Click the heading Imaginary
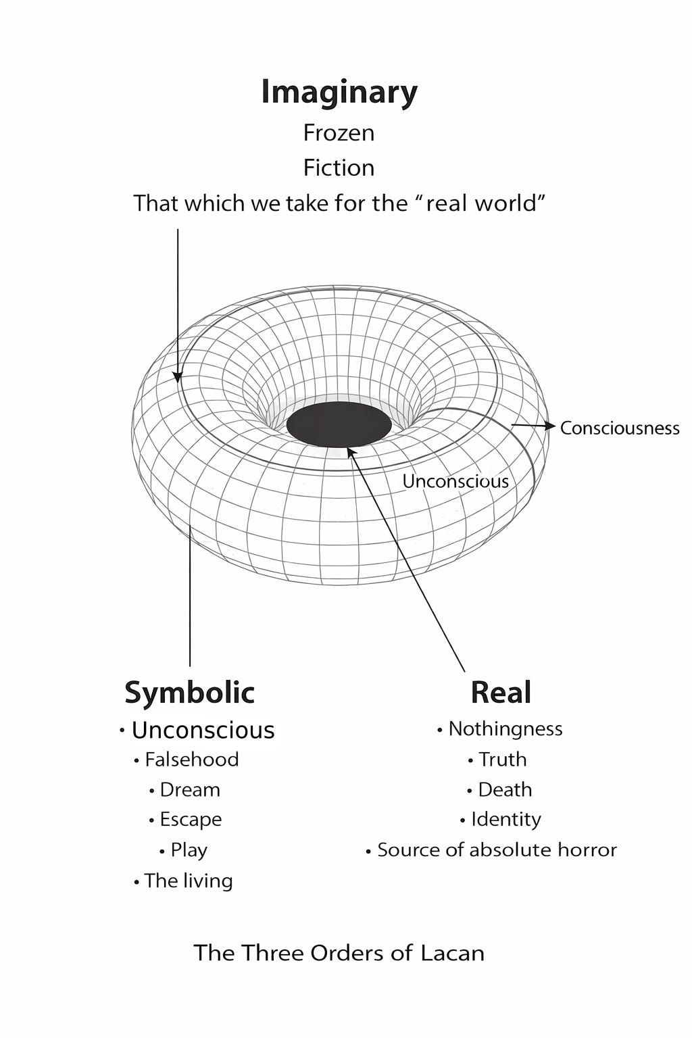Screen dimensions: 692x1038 click(339, 93)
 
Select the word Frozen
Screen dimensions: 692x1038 click(339, 133)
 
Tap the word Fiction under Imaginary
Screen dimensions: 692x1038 click(339, 168)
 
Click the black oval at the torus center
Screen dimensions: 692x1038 click(339, 424)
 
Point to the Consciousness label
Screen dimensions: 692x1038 click(620, 428)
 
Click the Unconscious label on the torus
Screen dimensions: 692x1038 click(455, 481)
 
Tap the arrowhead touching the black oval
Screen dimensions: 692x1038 click(351, 451)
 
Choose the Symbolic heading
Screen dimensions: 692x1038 click(190, 693)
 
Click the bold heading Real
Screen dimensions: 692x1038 click(501, 693)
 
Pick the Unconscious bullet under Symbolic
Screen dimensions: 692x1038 click(203, 730)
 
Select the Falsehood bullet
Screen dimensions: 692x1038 click(191, 760)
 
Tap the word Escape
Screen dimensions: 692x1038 click(191, 820)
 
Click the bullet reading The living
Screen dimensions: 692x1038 click(188, 881)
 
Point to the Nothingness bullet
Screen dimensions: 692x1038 click(505, 728)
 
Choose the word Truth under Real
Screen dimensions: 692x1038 click(502, 760)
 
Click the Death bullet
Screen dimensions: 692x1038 click(505, 789)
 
